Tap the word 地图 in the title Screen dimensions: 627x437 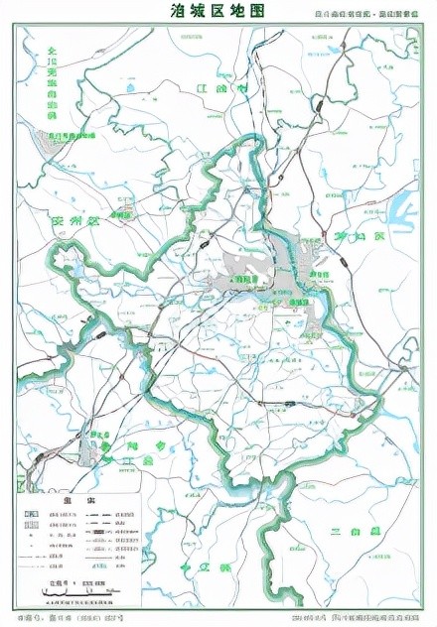coord(250,12)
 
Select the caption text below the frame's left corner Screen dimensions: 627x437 coord(70,618)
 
